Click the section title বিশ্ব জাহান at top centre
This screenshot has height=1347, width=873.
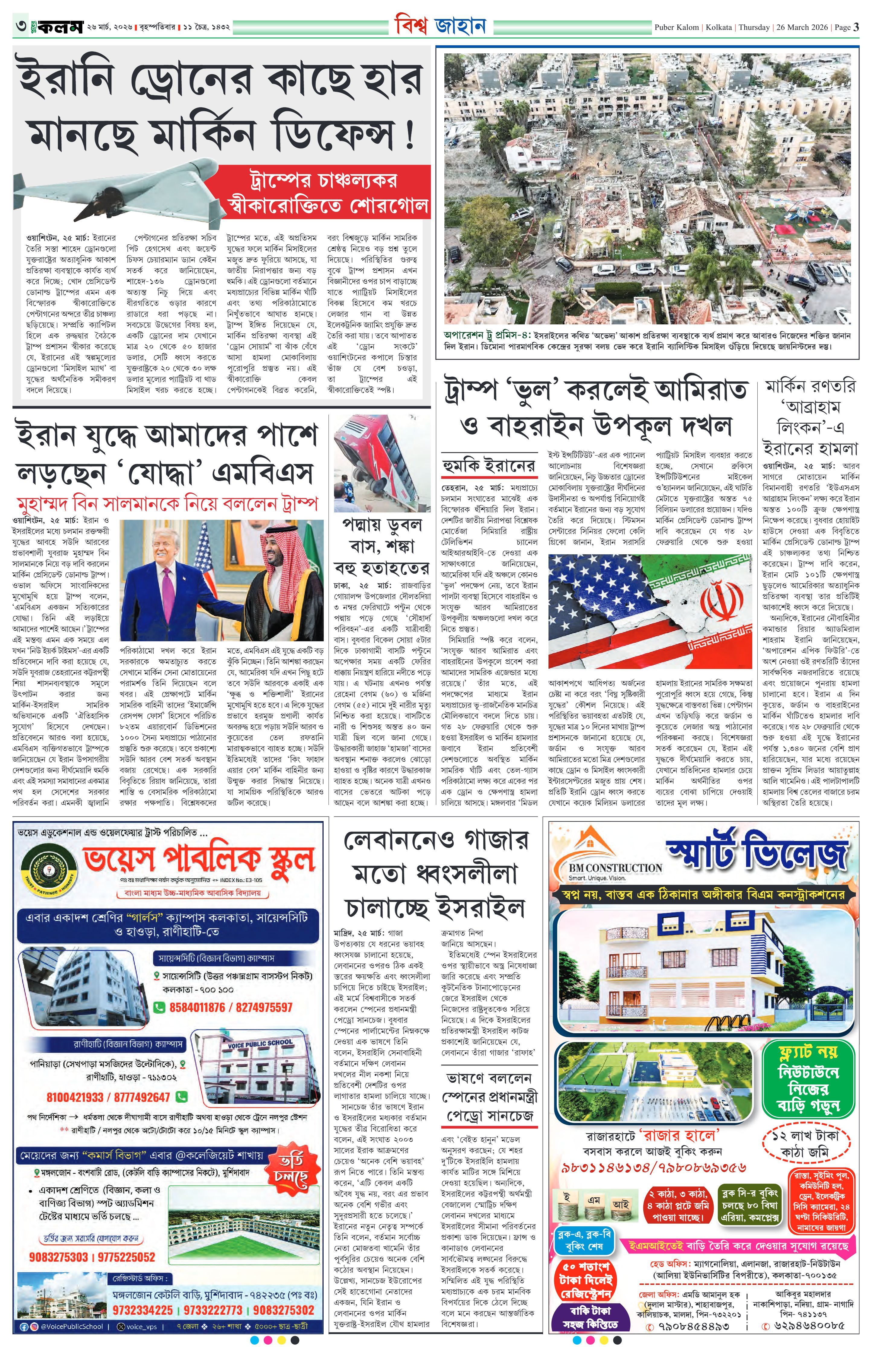[440, 26]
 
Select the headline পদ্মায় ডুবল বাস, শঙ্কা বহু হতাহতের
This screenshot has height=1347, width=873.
[381, 545]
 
